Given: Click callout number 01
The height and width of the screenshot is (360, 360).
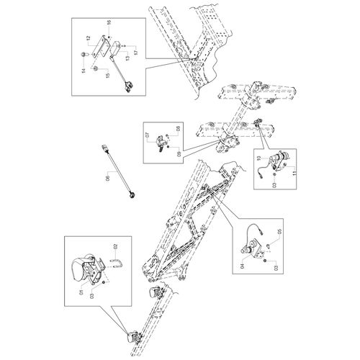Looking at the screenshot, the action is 81,292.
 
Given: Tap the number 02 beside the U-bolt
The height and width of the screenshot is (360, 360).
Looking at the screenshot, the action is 115,246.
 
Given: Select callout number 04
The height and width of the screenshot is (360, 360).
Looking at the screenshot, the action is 242,266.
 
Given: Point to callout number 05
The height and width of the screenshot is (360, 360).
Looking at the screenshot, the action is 279,232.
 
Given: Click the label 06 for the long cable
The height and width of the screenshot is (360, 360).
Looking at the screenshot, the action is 107,179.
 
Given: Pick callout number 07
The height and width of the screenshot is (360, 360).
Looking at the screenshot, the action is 148,135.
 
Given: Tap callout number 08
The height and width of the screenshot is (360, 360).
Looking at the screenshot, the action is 178,128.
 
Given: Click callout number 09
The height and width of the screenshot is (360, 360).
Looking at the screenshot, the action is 179,154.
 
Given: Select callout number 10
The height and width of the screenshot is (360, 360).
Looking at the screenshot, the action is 258,158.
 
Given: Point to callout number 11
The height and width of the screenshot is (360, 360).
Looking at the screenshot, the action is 294,173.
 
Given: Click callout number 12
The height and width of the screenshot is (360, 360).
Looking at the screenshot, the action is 88,38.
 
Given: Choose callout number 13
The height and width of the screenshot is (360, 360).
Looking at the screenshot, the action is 127,58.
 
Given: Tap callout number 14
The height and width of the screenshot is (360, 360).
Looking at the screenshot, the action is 84,71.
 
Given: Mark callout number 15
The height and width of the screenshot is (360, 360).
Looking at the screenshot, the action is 108,75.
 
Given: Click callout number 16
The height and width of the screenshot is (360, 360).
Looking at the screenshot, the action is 109,22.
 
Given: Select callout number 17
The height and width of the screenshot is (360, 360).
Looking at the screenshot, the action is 136,51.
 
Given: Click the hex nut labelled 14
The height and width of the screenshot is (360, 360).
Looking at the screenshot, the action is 84,55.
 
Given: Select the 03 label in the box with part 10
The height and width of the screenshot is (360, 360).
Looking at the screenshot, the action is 275,185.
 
